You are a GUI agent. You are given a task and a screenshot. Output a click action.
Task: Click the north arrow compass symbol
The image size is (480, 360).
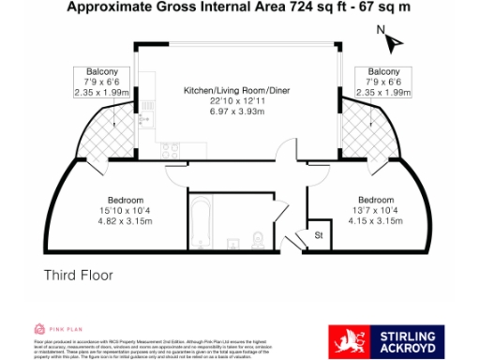click(393, 41)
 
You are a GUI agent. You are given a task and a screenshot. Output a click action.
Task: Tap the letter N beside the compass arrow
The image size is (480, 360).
click(380, 29)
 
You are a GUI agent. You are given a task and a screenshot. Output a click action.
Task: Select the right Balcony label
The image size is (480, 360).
click(383, 72)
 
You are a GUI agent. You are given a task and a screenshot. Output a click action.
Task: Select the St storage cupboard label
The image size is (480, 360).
click(318, 234)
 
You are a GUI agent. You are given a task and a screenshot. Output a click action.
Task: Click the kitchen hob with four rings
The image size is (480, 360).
click(172, 147)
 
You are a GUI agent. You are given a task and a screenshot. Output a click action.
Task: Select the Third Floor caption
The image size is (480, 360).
click(79, 276)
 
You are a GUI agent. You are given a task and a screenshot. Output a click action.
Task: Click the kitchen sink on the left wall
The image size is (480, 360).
click(144, 120)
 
